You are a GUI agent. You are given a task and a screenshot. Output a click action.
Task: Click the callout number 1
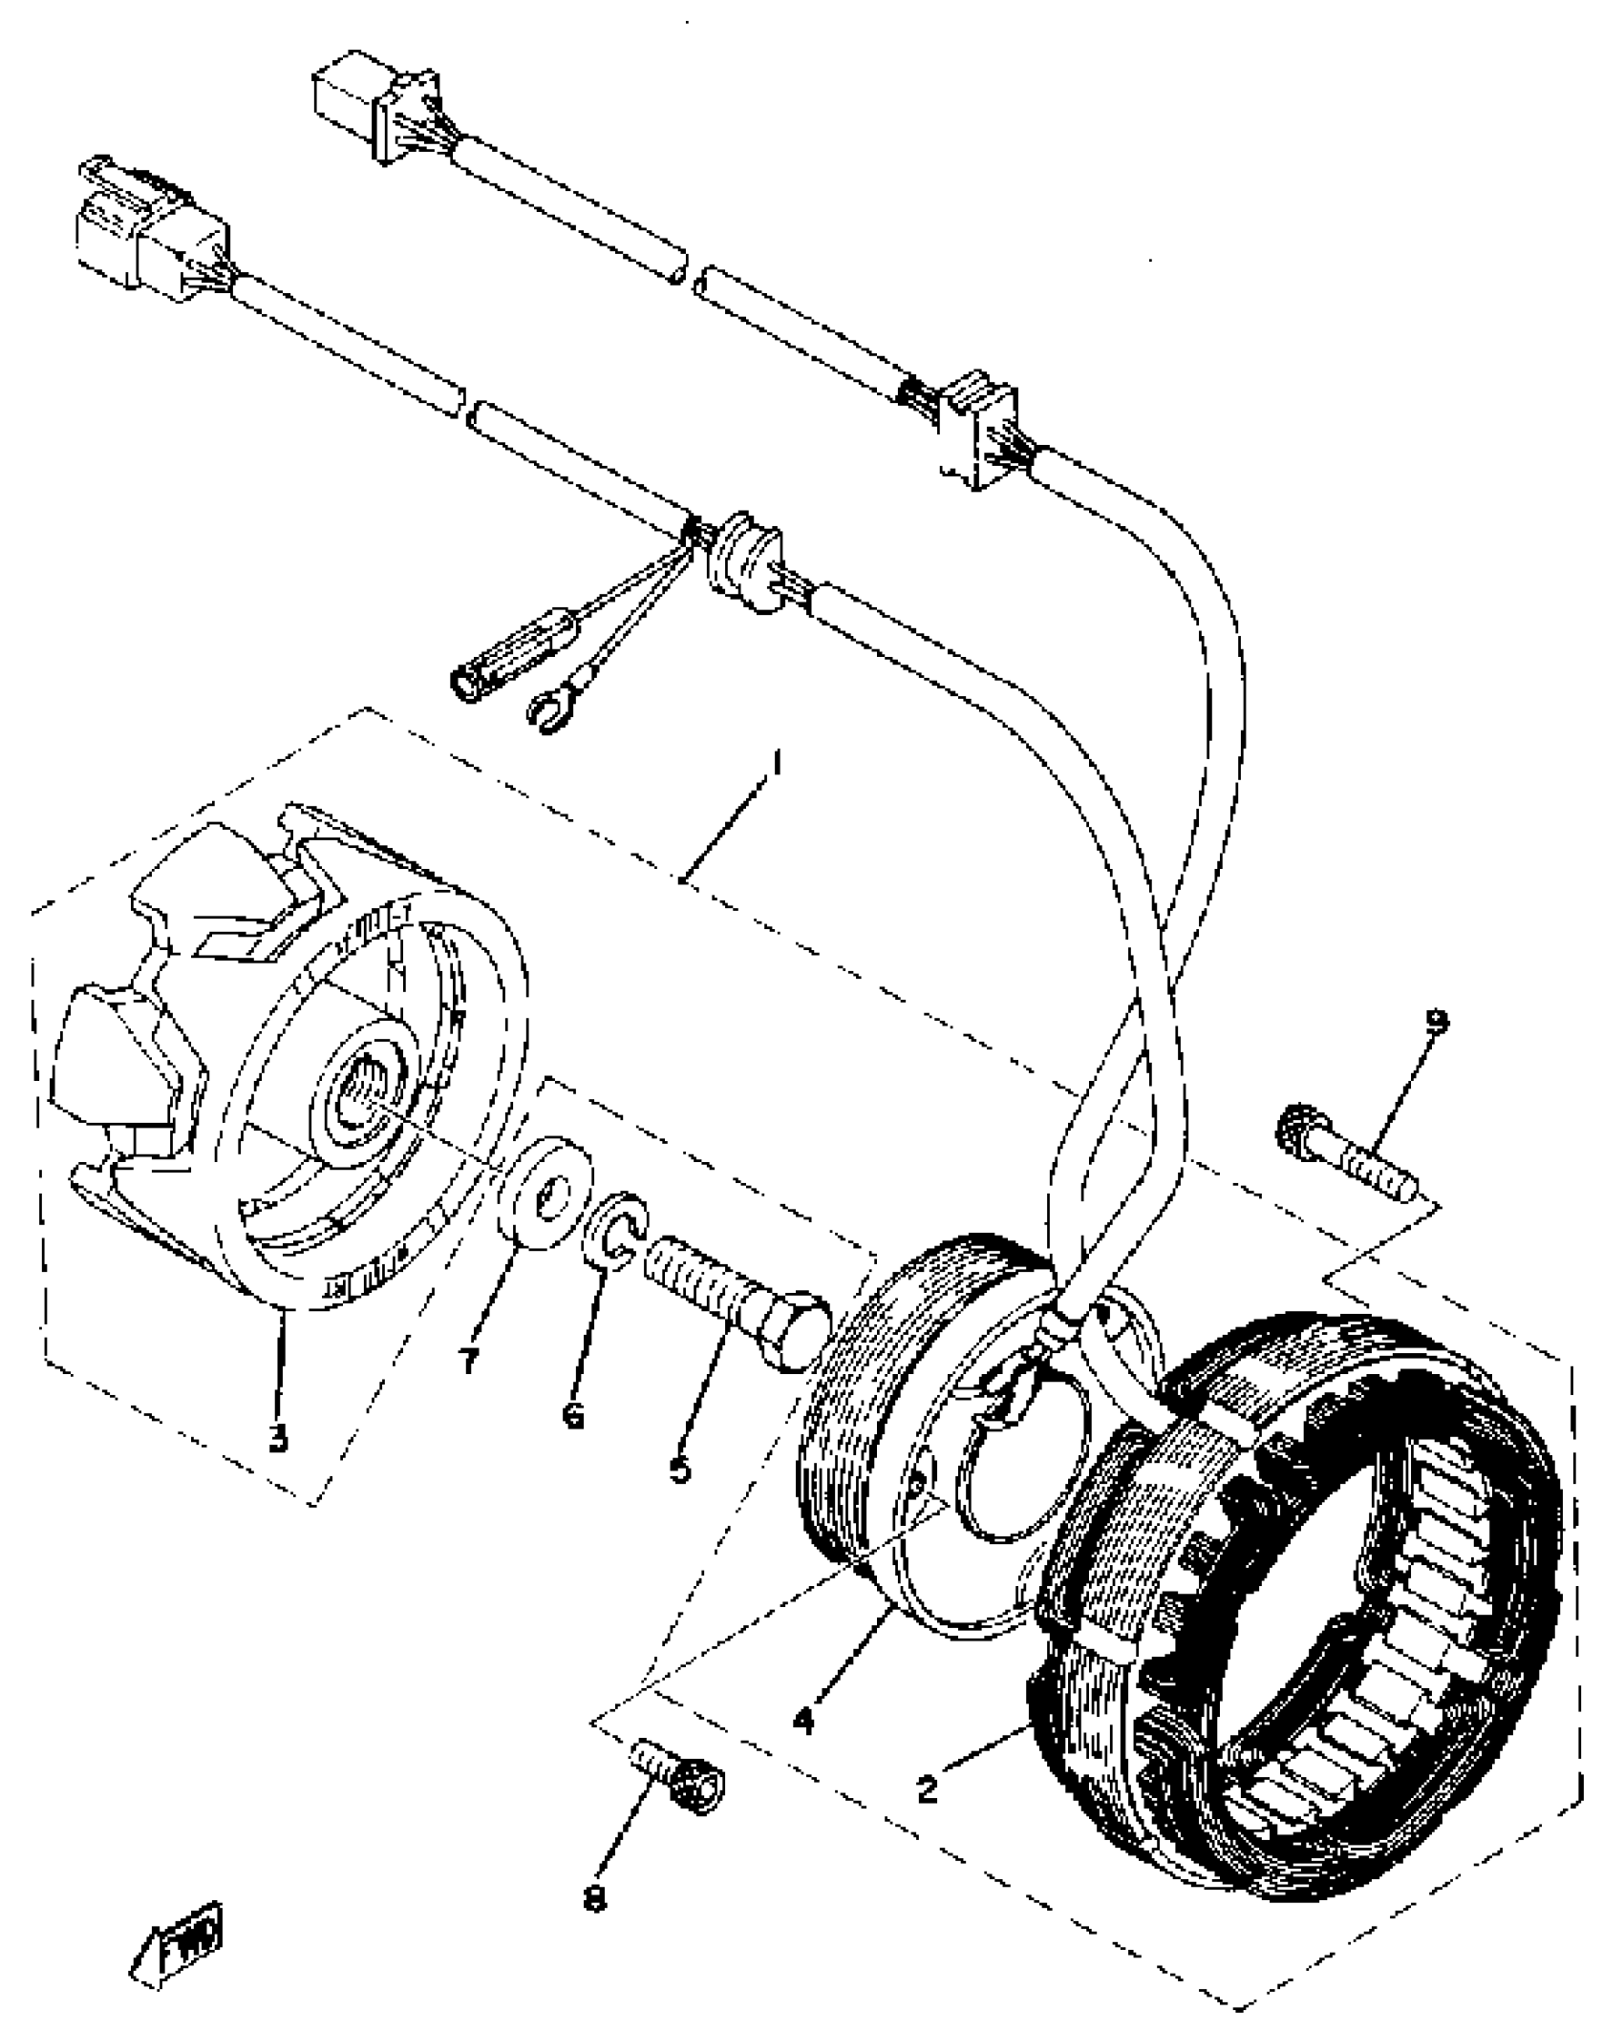pos(779,766)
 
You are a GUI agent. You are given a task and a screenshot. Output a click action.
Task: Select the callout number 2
pos(927,1788)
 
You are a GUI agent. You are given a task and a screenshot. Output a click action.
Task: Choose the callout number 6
pos(573,1415)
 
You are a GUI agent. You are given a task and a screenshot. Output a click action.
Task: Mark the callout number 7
pos(468,1360)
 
